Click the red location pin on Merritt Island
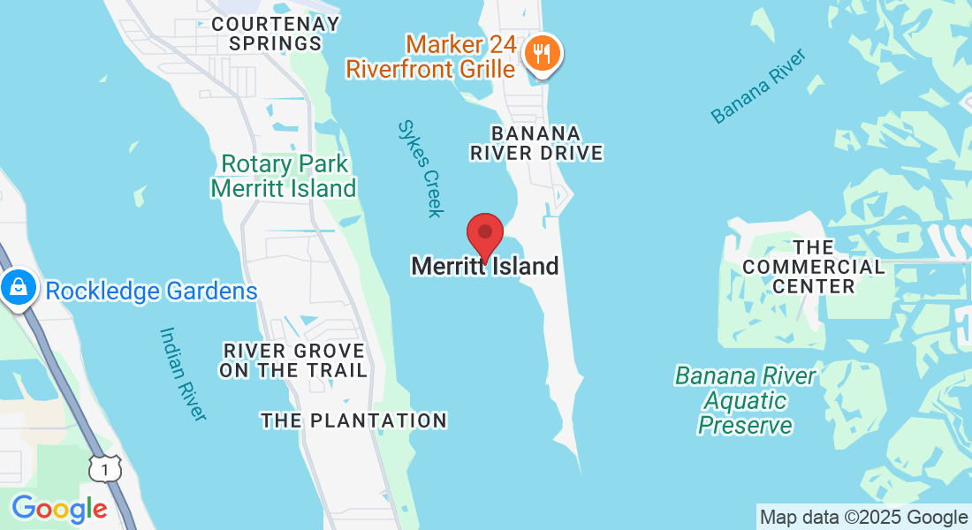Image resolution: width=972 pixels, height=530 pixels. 485,234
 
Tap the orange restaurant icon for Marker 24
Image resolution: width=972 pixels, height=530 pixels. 540,54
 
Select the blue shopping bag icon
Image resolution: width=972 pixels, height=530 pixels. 17,287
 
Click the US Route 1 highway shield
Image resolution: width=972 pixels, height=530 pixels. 105,471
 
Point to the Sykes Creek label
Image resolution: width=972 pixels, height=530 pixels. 420,168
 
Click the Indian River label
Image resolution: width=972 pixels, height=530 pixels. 183,374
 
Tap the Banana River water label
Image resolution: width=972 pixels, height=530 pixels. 759,87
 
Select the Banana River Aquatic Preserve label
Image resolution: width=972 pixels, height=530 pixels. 745,400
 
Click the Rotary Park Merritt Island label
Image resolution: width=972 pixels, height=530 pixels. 284,176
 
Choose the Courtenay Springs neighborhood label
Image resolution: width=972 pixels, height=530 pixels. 276,34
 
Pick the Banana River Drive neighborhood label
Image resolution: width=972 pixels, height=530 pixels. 536,143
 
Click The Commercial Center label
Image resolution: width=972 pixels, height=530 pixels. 813,266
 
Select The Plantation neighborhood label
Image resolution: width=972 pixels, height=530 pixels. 353,420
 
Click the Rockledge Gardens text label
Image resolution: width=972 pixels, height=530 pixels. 151,291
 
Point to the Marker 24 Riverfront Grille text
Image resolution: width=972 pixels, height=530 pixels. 430,56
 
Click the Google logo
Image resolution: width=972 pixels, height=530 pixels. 59,509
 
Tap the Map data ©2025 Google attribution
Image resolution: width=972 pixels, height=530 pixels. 863,518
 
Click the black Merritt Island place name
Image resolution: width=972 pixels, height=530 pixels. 485,266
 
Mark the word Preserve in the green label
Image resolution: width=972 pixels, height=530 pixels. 745,426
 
